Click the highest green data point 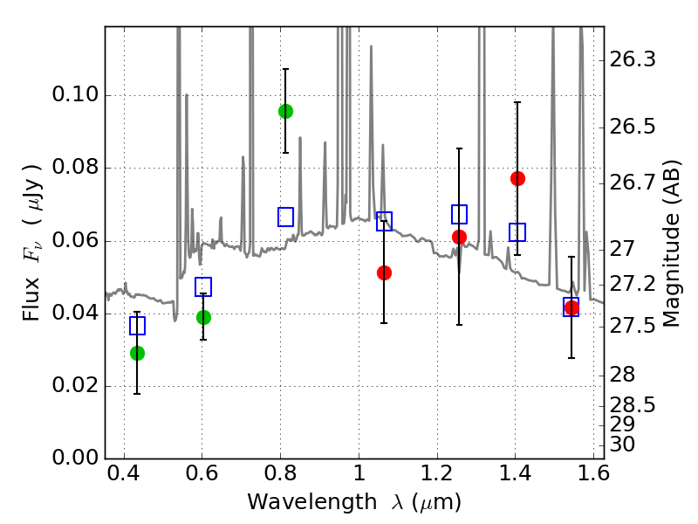coord(285,111)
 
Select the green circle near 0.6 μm coord(203,317)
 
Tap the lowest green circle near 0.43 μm coord(137,353)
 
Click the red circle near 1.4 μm coord(517,178)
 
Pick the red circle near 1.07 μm coord(384,272)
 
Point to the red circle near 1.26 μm coord(459,237)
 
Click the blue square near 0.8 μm coord(285,217)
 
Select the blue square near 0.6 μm coord(203,286)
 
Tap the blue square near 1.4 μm coord(517,232)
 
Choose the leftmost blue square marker coord(137,326)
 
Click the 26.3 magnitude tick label coord(633,60)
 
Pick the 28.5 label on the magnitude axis coord(633,405)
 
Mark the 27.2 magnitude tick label coord(633,284)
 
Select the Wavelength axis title coord(353,502)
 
